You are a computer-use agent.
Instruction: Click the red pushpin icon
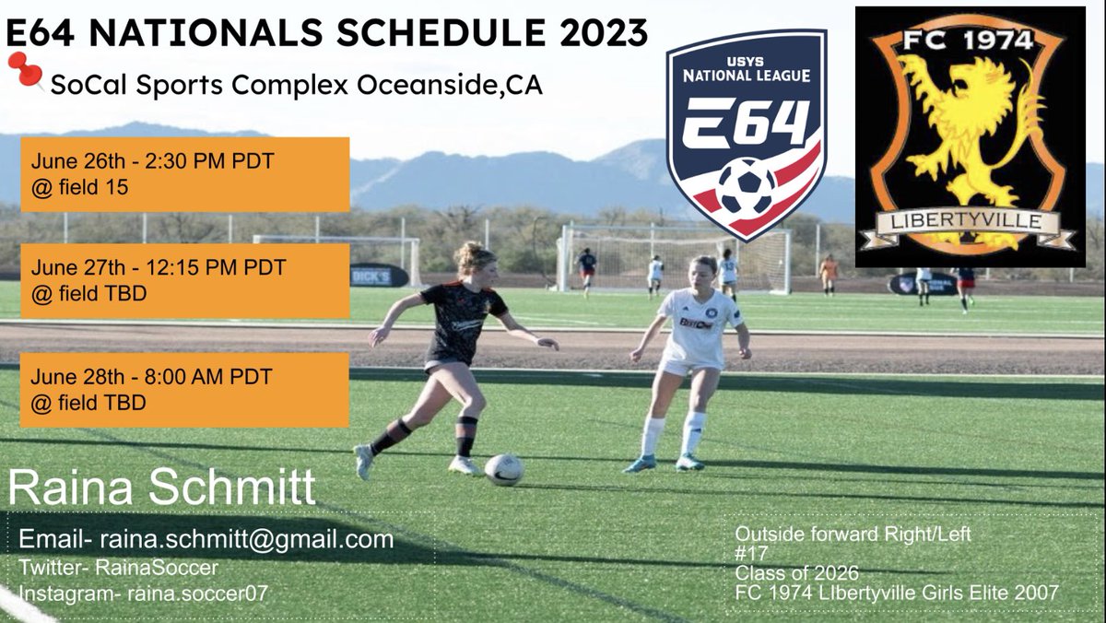[25, 70]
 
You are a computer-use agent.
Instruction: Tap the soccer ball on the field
[503, 469]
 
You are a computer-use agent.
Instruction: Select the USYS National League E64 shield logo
[746, 135]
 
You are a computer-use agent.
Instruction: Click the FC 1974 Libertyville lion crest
[970, 136]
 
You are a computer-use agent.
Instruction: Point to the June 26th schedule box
[184, 174]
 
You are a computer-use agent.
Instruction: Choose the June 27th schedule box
[184, 280]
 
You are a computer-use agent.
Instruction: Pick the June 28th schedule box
[184, 389]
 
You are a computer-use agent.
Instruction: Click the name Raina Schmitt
[162, 488]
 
